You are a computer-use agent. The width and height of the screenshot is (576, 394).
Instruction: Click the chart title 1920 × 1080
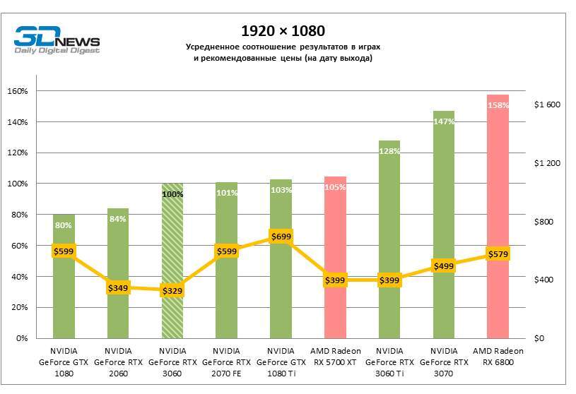click(x=283, y=31)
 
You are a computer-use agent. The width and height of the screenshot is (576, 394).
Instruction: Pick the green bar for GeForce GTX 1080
click(x=64, y=297)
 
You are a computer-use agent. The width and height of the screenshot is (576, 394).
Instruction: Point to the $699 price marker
click(x=281, y=236)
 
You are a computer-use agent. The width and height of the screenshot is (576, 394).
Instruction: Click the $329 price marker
click(x=172, y=290)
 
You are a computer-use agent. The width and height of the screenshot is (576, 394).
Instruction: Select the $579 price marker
click(x=498, y=253)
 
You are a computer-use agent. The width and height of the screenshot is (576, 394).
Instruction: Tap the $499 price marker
click(x=443, y=265)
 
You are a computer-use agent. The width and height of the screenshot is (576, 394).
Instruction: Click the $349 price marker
click(x=118, y=287)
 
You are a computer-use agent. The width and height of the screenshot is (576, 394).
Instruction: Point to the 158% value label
click(x=498, y=105)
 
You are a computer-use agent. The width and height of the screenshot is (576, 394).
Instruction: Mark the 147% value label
click(x=443, y=121)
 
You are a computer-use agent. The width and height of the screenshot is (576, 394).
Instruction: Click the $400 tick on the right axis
click(x=548, y=280)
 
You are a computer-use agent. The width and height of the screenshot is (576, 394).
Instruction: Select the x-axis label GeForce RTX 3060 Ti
click(x=389, y=362)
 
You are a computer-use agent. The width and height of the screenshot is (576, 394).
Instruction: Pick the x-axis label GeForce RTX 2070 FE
click(x=226, y=362)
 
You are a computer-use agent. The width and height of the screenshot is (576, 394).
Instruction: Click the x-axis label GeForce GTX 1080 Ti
click(x=281, y=362)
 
